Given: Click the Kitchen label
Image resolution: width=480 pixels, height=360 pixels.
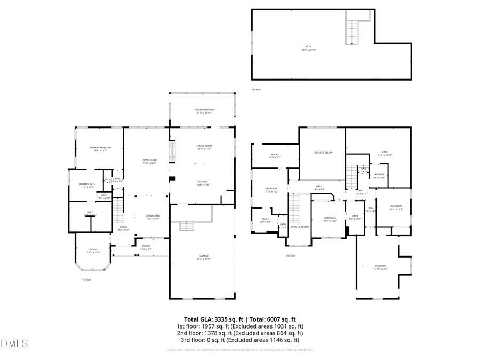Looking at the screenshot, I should point(203,183).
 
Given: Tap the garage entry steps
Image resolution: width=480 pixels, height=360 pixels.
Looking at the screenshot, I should point(185,227).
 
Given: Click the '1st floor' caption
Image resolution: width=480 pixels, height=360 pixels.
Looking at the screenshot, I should point(86,279).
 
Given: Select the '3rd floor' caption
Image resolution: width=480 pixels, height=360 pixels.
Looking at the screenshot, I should point(256,90).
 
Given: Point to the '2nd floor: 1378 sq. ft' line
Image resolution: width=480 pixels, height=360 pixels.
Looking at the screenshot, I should point(240,333).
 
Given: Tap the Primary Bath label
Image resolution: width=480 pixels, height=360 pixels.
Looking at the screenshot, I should point(87,186).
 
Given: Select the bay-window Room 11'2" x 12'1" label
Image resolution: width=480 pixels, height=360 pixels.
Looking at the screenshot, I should point(93,251).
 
